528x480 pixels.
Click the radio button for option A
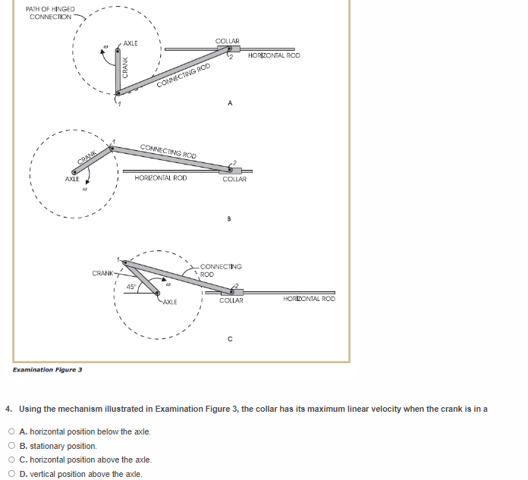coord(11,431)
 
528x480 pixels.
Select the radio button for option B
coord(11,446)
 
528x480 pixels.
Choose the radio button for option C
coord(11,460)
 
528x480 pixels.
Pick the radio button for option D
coord(11,474)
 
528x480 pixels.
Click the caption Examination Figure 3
coord(48,369)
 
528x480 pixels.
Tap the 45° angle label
coord(130,287)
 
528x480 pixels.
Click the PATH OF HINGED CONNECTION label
coord(50,13)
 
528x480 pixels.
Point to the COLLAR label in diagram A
coord(227,41)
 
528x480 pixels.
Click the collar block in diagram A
coord(225,50)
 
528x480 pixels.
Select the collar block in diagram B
coord(234,170)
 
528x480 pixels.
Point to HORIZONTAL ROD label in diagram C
coord(309,300)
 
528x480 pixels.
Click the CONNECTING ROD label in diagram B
coord(168,150)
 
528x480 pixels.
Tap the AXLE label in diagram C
coord(168,302)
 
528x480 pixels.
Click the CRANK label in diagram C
coord(102,272)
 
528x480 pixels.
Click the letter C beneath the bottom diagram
coord(229,338)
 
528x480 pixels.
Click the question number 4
coord(8,409)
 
